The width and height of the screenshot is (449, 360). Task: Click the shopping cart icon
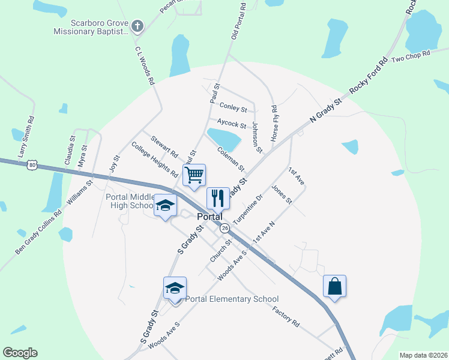(194, 175)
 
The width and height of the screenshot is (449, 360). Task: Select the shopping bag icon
(334, 286)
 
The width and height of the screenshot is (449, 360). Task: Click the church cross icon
(137, 26)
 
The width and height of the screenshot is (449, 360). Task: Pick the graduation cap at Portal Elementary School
(175, 288)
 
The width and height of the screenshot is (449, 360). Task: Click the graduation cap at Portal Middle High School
(165, 206)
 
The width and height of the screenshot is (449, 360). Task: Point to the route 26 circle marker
(224, 229)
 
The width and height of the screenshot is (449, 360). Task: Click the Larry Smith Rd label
(26, 137)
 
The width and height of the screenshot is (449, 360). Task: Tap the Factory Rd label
(286, 316)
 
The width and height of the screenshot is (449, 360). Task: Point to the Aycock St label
(232, 123)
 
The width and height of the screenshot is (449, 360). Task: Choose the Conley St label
(233, 107)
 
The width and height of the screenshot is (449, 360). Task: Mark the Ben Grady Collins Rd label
(38, 231)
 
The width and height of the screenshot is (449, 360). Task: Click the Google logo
(20, 353)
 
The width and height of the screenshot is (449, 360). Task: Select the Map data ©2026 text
(423, 355)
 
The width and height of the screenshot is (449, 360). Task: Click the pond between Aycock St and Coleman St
(224, 139)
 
